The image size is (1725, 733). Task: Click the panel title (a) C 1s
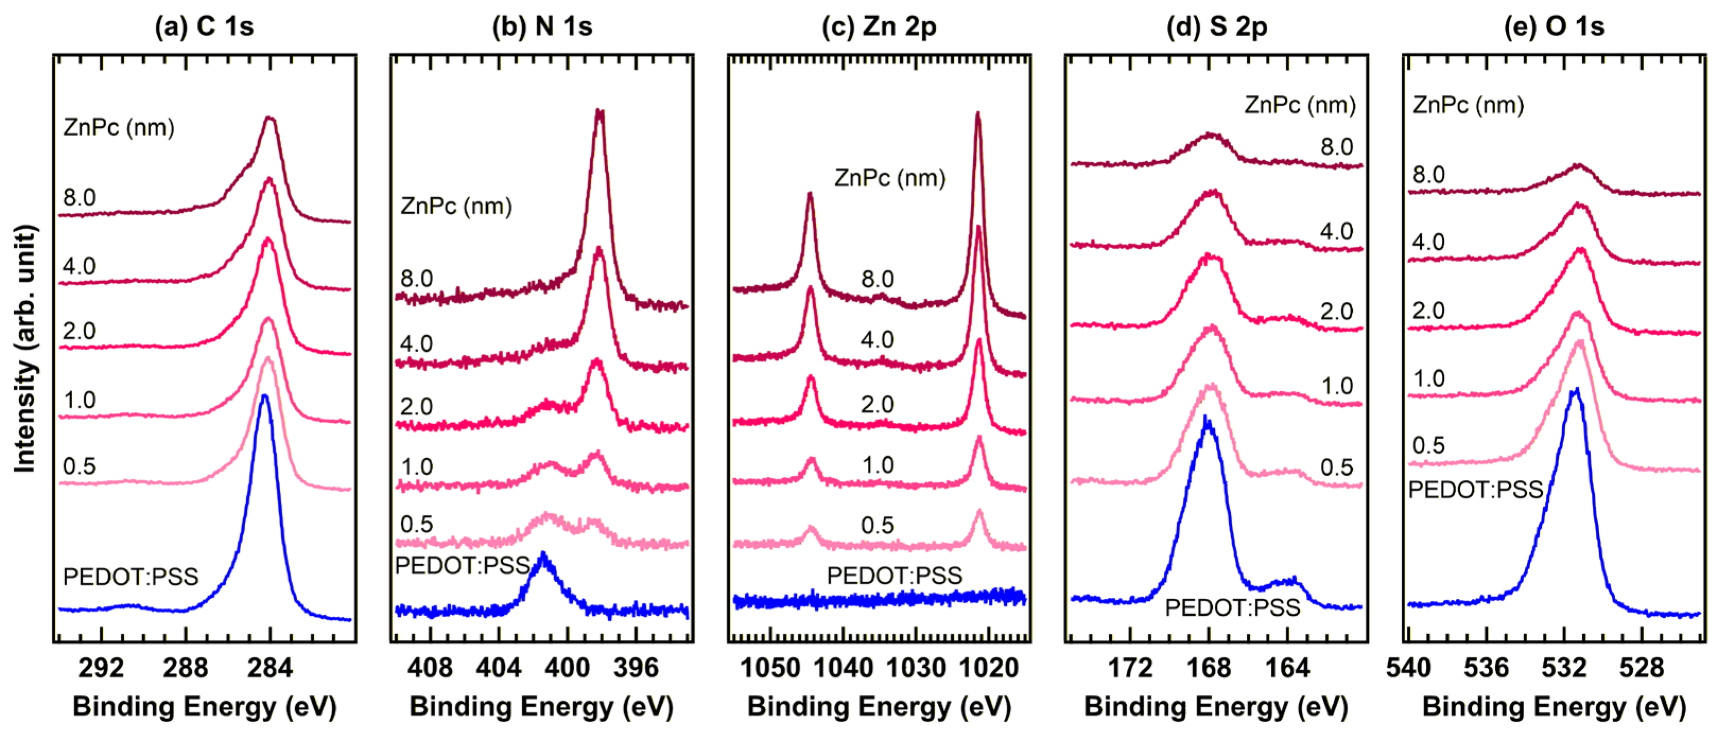pyautogui.click(x=204, y=27)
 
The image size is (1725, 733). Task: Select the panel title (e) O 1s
pyautogui.click(x=1554, y=27)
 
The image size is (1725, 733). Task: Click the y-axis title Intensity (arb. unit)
pyautogui.click(x=25, y=348)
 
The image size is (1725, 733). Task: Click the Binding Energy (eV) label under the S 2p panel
pyautogui.click(x=1216, y=707)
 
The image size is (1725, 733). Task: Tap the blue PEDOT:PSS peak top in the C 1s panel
pyautogui.click(x=264, y=396)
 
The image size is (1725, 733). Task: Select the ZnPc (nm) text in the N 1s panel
pyautogui.click(x=456, y=206)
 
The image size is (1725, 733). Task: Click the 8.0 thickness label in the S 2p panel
pyautogui.click(x=1336, y=146)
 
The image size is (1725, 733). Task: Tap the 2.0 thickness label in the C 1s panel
pyautogui.click(x=79, y=330)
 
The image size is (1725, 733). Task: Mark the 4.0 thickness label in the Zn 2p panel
pyautogui.click(x=877, y=339)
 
